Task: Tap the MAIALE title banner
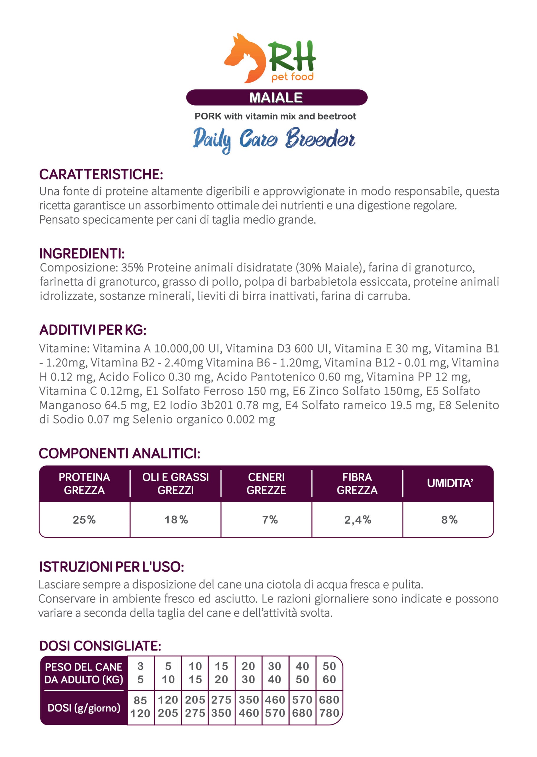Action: tap(276, 98)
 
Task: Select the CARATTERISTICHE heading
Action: tap(101, 174)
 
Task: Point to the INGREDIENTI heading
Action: tap(82, 254)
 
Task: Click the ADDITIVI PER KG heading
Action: tap(93, 330)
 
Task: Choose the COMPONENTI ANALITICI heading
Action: tap(119, 453)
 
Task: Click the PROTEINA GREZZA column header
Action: tap(84, 483)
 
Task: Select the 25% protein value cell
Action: tap(84, 520)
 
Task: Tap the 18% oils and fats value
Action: tap(176, 520)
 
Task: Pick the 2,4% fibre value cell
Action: tap(357, 520)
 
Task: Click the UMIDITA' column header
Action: tap(450, 483)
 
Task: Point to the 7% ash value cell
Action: tap(270, 520)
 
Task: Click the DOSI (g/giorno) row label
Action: tap(84, 708)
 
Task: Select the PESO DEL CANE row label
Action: tap(84, 673)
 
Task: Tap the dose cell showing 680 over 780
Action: tap(329, 707)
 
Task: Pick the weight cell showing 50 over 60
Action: tap(329, 673)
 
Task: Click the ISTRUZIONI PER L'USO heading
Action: tap(111, 567)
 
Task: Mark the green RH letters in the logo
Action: tap(292, 56)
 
